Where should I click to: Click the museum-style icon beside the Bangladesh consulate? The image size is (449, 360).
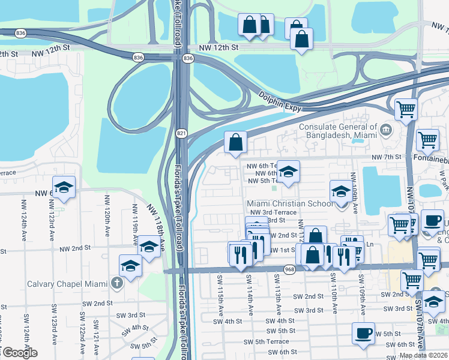[x=385, y=127]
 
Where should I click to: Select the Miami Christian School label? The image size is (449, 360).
[x=290, y=204]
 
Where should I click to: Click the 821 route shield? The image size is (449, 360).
[x=181, y=133]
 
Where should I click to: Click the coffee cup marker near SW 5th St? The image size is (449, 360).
[x=363, y=333]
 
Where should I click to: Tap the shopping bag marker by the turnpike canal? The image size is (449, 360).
[x=236, y=142]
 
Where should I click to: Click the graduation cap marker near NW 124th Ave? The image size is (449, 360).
[x=64, y=187]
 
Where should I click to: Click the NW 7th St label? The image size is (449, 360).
[x=385, y=157]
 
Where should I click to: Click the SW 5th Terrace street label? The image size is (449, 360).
[x=267, y=341]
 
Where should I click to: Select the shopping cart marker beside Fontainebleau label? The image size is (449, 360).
[x=427, y=140]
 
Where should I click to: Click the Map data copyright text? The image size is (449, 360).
[x=424, y=355]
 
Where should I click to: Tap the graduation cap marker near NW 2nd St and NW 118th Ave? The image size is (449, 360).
[x=149, y=246]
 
